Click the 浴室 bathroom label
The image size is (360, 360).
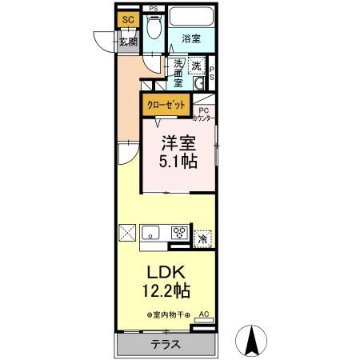[190, 38]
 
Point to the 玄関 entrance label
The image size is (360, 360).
[128, 42]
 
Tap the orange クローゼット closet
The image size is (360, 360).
[166, 105]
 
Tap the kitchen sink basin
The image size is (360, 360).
[152, 234]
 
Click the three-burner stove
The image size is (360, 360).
[178, 234]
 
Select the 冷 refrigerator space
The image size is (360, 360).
[203, 237]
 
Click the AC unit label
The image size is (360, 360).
[203, 314]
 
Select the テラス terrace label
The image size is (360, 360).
[166, 345]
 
